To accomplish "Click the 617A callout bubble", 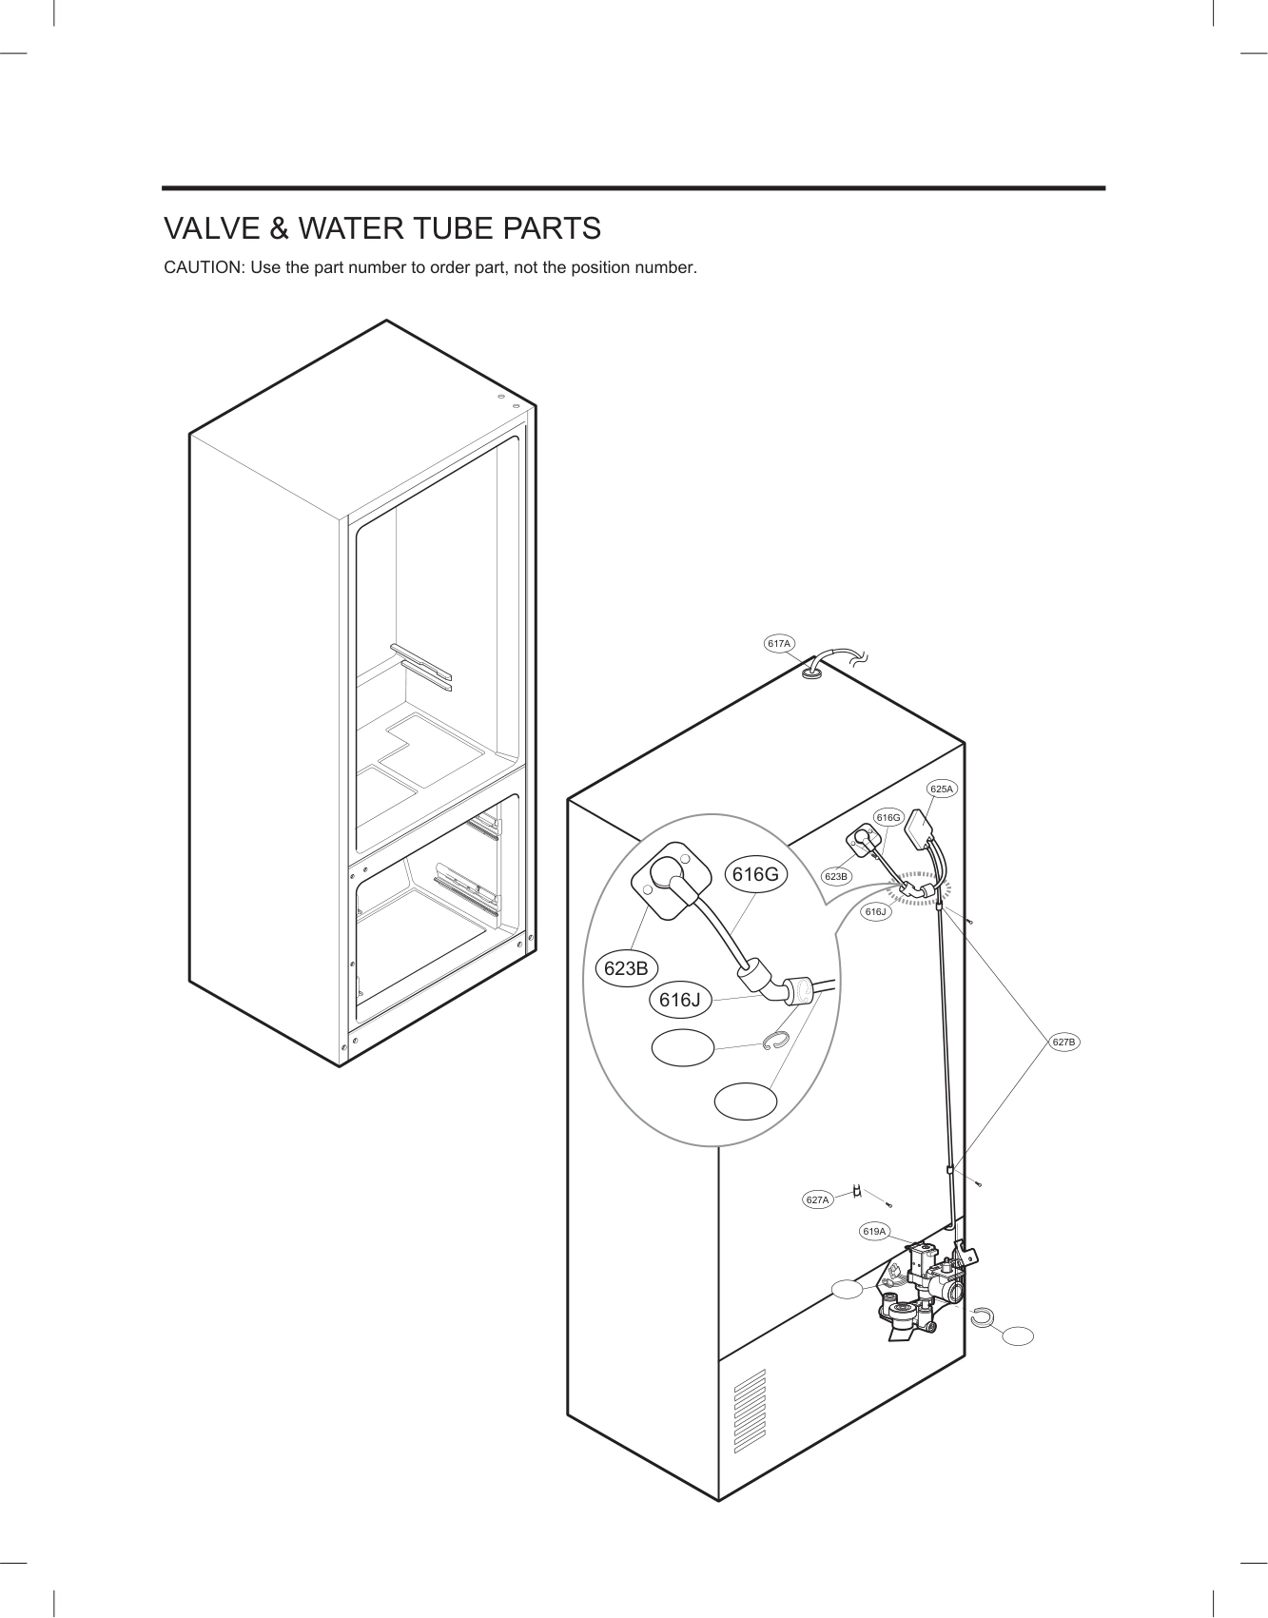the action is tap(779, 644).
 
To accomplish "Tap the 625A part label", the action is tap(942, 789).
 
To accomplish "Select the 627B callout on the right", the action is tap(1064, 1043).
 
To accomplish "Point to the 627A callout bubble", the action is tap(817, 1200).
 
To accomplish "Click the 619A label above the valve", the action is tap(874, 1232).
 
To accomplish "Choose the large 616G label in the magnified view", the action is tap(756, 874).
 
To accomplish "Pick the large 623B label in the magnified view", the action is tap(626, 968).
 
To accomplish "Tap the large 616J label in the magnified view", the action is tap(680, 1000).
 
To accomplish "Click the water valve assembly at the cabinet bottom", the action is tap(923, 1289).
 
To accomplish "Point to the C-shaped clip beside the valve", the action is tap(982, 1316).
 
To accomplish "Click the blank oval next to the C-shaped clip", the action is tap(1017, 1335).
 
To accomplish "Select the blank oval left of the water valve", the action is tap(848, 1290).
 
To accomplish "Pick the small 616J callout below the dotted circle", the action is tap(875, 912).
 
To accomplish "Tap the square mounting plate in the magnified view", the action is tap(670, 880).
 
